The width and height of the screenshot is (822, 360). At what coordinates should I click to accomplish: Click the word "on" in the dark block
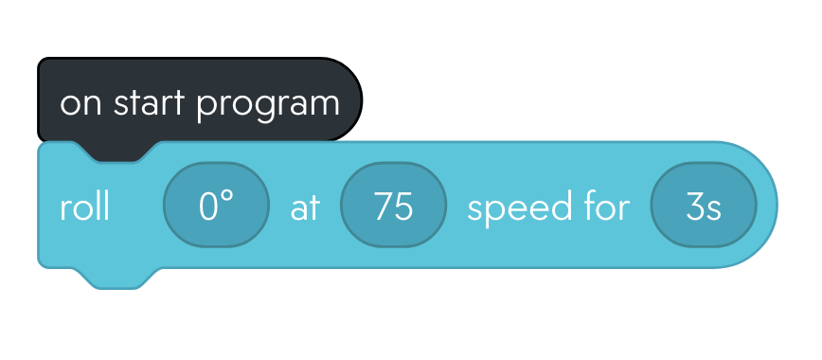(x=81, y=102)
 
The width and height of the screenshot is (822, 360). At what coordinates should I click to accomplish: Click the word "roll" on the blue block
(x=85, y=207)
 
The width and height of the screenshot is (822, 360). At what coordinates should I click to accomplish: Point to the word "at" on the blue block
(x=306, y=207)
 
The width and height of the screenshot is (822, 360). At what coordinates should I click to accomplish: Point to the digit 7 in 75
(x=384, y=207)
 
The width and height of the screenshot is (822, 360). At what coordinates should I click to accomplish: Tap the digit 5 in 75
(x=404, y=207)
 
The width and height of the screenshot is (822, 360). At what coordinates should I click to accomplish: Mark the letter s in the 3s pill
(x=713, y=208)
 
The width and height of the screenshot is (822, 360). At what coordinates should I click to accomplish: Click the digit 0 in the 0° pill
(x=209, y=207)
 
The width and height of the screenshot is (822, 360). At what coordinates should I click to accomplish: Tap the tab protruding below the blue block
(x=118, y=278)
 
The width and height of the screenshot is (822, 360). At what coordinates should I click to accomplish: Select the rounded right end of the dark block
(x=348, y=99)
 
